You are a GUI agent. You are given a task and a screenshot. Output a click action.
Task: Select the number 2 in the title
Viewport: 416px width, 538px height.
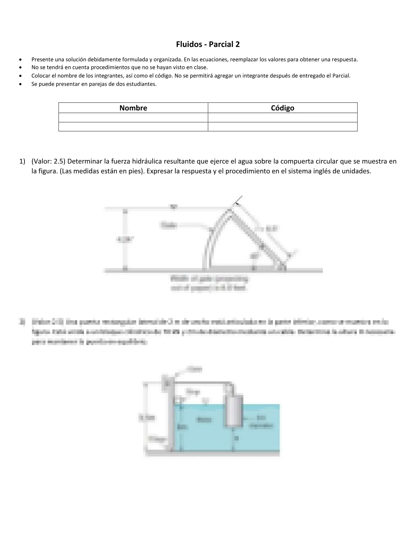click(238, 44)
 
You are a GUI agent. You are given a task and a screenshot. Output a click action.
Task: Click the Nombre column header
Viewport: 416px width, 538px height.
click(133, 108)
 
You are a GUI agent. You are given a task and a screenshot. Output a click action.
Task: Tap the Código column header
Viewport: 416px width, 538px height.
click(282, 108)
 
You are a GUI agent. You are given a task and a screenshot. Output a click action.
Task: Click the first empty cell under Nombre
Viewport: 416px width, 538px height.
click(133, 118)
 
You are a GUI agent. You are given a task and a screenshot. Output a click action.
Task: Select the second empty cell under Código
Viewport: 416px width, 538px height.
click(282, 127)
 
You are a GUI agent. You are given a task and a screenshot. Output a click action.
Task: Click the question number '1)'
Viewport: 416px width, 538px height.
click(22, 161)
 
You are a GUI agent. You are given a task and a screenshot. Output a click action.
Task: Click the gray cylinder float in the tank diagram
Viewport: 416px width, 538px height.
click(233, 410)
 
